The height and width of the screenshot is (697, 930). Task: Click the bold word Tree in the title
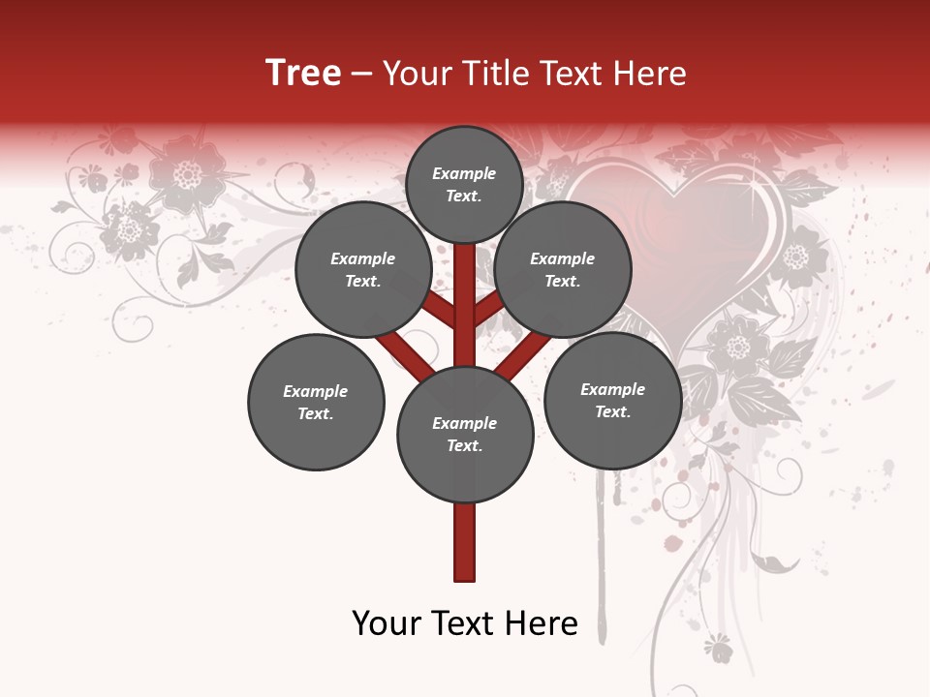pyautogui.click(x=303, y=73)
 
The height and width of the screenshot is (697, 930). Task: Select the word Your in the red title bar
pyautogui.click(x=417, y=74)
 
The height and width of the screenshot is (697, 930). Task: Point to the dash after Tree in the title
pyautogui.click(x=362, y=75)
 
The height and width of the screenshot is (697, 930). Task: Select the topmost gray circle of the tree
pyautogui.click(x=464, y=184)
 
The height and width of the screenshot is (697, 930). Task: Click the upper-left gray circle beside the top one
pyautogui.click(x=363, y=269)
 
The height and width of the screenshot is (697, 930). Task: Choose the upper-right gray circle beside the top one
pyautogui.click(x=563, y=269)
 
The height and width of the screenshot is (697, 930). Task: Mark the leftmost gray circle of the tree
pyautogui.click(x=316, y=402)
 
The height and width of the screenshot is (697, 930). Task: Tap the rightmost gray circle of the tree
pyautogui.click(x=612, y=400)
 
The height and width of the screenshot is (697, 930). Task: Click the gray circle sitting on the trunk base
pyautogui.click(x=465, y=435)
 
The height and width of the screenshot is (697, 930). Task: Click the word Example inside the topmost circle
pyautogui.click(x=464, y=173)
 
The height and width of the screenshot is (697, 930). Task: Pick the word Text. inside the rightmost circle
pyautogui.click(x=612, y=411)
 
